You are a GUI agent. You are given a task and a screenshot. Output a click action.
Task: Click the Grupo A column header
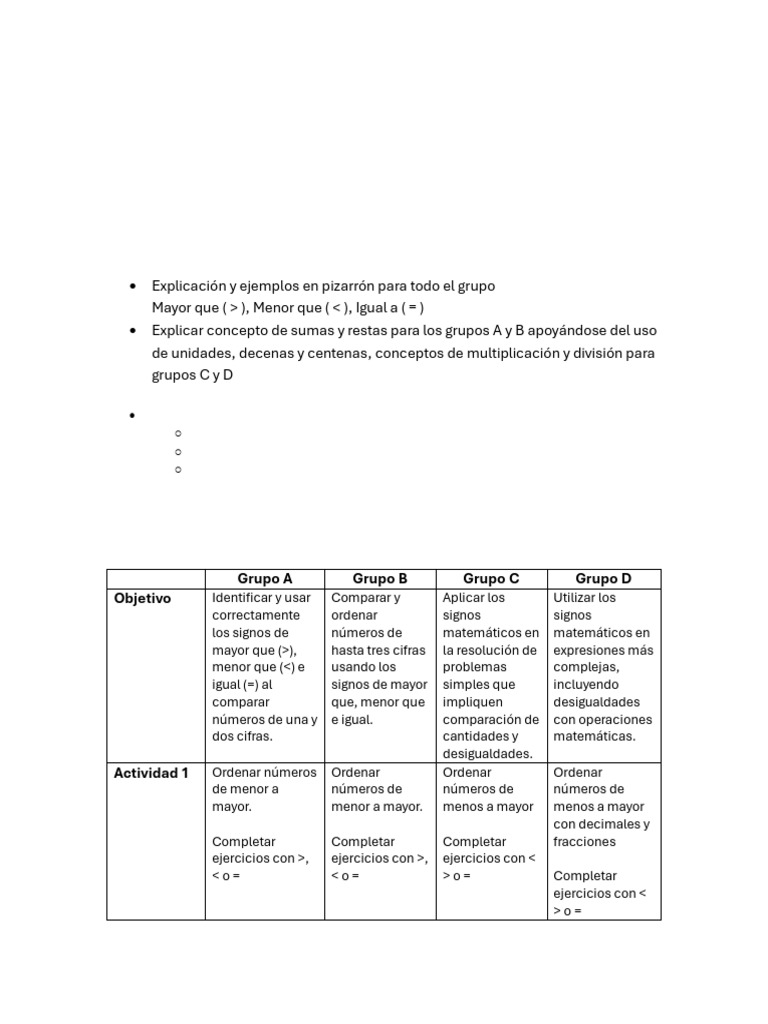(265, 579)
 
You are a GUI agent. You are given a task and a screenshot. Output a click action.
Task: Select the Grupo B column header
(380, 579)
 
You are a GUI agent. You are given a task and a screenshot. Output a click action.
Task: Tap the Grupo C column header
(491, 579)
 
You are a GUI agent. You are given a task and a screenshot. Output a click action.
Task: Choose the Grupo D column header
(603, 579)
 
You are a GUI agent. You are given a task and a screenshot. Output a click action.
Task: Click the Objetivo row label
(142, 598)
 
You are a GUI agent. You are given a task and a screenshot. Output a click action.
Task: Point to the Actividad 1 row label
(151, 772)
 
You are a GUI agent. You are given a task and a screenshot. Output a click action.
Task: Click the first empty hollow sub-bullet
(177, 433)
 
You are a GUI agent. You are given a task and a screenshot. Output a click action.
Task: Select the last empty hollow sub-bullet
(177, 469)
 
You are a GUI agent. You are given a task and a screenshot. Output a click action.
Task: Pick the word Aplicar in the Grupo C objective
(464, 598)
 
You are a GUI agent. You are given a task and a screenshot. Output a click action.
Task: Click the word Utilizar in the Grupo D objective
(577, 598)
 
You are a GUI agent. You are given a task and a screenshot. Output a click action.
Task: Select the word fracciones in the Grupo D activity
(584, 842)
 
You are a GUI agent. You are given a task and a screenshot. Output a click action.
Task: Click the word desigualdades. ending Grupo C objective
(488, 754)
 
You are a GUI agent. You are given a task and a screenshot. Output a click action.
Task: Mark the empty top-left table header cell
(155, 579)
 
